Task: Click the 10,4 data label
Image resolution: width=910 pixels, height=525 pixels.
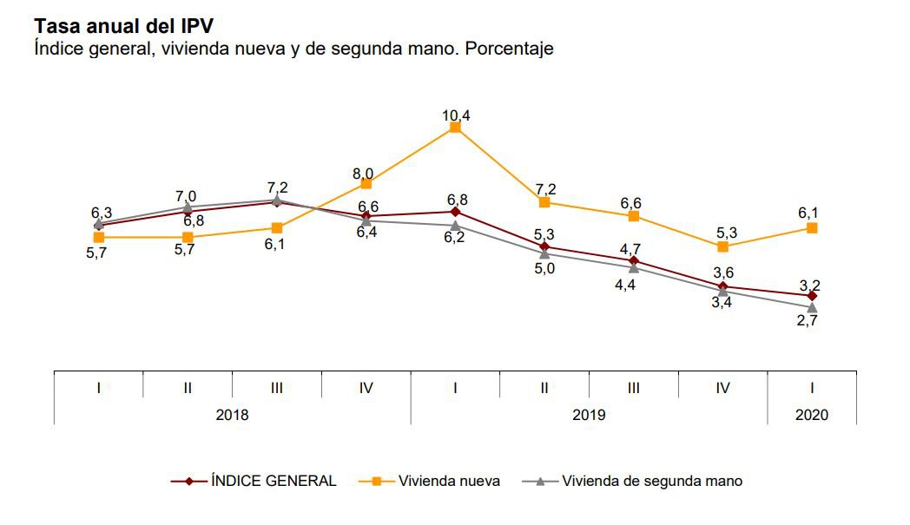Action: click(455, 115)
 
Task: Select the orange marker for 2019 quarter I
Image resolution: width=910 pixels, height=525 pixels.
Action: click(455, 128)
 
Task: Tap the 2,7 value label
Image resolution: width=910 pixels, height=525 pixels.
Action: click(808, 320)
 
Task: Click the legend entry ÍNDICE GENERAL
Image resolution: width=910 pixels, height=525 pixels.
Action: click(274, 481)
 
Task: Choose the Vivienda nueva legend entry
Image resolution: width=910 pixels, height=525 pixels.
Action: click(449, 481)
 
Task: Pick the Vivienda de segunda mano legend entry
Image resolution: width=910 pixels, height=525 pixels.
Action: click(652, 481)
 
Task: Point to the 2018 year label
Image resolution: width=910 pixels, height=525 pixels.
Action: click(232, 415)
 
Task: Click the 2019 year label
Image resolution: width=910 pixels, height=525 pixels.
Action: click(589, 415)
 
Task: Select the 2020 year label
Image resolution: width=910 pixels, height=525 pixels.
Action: click(812, 415)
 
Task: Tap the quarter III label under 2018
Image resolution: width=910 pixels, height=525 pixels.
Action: click(276, 388)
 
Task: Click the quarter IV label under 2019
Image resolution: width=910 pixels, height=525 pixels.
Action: click(722, 388)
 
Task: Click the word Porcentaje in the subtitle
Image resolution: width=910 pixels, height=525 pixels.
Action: click(510, 49)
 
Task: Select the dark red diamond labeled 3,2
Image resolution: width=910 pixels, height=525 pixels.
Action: click(812, 296)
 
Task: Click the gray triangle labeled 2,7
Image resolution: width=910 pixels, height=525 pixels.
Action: click(812, 308)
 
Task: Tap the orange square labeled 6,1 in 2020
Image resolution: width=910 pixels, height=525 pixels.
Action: click(812, 227)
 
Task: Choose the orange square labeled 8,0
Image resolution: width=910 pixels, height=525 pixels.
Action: click(366, 183)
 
